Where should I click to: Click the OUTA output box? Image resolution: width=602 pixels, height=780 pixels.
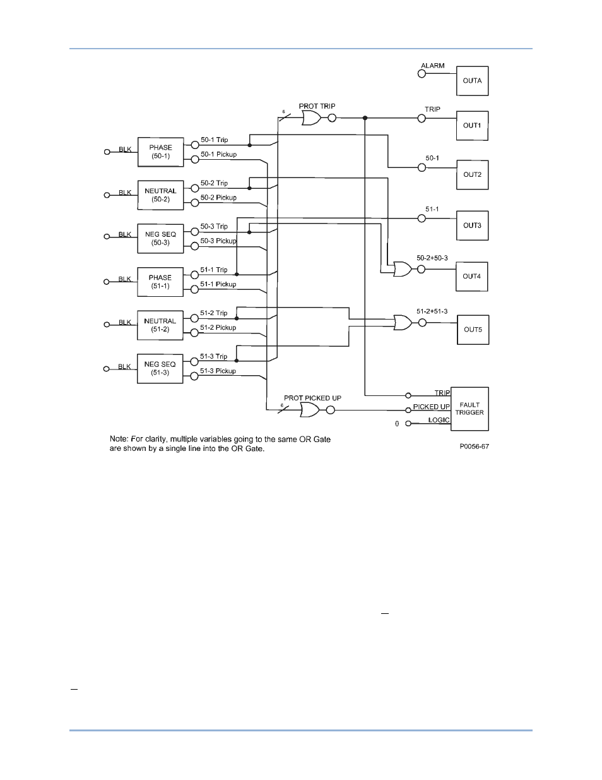point(472,81)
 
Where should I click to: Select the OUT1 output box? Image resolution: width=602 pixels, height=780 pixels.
point(472,126)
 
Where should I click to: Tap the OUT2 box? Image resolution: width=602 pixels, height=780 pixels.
point(472,174)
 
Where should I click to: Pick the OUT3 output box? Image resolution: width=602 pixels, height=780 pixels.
point(472,225)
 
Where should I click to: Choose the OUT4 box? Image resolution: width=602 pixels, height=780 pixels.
point(472,276)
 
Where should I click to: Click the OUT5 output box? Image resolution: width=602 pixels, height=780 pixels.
point(473,329)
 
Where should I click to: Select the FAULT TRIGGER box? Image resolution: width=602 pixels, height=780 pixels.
point(469,409)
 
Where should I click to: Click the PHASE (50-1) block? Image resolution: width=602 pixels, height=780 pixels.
point(160,152)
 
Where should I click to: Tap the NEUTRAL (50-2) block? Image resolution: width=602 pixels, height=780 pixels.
point(160,195)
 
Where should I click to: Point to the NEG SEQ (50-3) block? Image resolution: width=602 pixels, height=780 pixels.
point(160,239)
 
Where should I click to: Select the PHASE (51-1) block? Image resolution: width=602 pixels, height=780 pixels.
point(160,282)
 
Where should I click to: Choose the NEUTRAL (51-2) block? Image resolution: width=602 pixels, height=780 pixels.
point(160,325)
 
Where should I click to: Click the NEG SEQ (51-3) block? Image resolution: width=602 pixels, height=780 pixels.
point(160,369)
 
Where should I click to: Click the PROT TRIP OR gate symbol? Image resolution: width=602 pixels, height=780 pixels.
point(312,118)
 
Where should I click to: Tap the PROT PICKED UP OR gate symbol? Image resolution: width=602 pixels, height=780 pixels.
point(310,411)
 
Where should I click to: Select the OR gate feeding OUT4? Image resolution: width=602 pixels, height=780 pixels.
point(402,270)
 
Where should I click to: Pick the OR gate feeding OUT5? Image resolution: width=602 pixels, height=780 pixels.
point(402,323)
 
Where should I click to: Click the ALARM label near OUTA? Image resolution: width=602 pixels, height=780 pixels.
point(433,66)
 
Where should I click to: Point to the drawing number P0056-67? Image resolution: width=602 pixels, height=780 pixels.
point(474,447)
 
